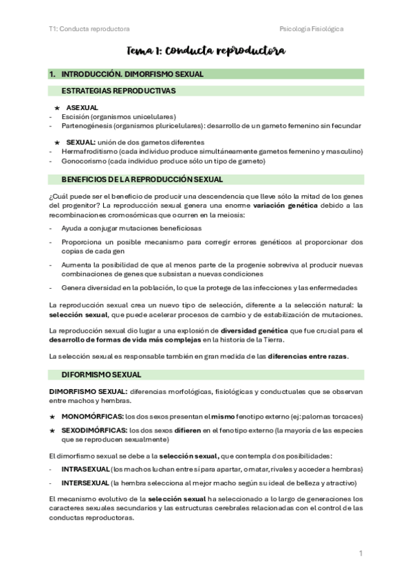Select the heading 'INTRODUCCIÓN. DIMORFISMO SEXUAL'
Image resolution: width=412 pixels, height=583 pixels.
132,74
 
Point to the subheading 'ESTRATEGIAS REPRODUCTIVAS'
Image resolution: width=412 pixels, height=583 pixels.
118,91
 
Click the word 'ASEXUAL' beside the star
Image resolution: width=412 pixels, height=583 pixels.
82,108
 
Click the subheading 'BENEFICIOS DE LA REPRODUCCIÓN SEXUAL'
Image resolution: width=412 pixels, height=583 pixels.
142,179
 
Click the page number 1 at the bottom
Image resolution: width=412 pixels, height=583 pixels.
360,553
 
